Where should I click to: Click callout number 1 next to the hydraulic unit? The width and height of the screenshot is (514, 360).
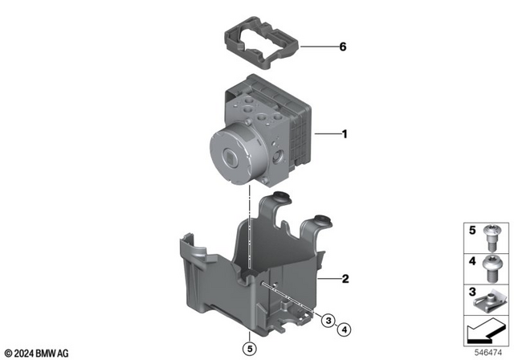click(345, 135)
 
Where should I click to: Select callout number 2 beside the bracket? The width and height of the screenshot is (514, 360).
click(345, 280)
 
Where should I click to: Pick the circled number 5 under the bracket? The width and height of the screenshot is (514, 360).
click(250, 348)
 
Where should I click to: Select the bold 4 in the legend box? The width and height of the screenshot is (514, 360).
click(473, 261)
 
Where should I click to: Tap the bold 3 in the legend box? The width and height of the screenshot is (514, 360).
click(473, 291)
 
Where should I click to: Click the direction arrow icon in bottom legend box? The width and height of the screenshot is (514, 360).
click(486, 329)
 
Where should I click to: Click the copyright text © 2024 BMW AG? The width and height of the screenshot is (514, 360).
click(37, 353)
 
